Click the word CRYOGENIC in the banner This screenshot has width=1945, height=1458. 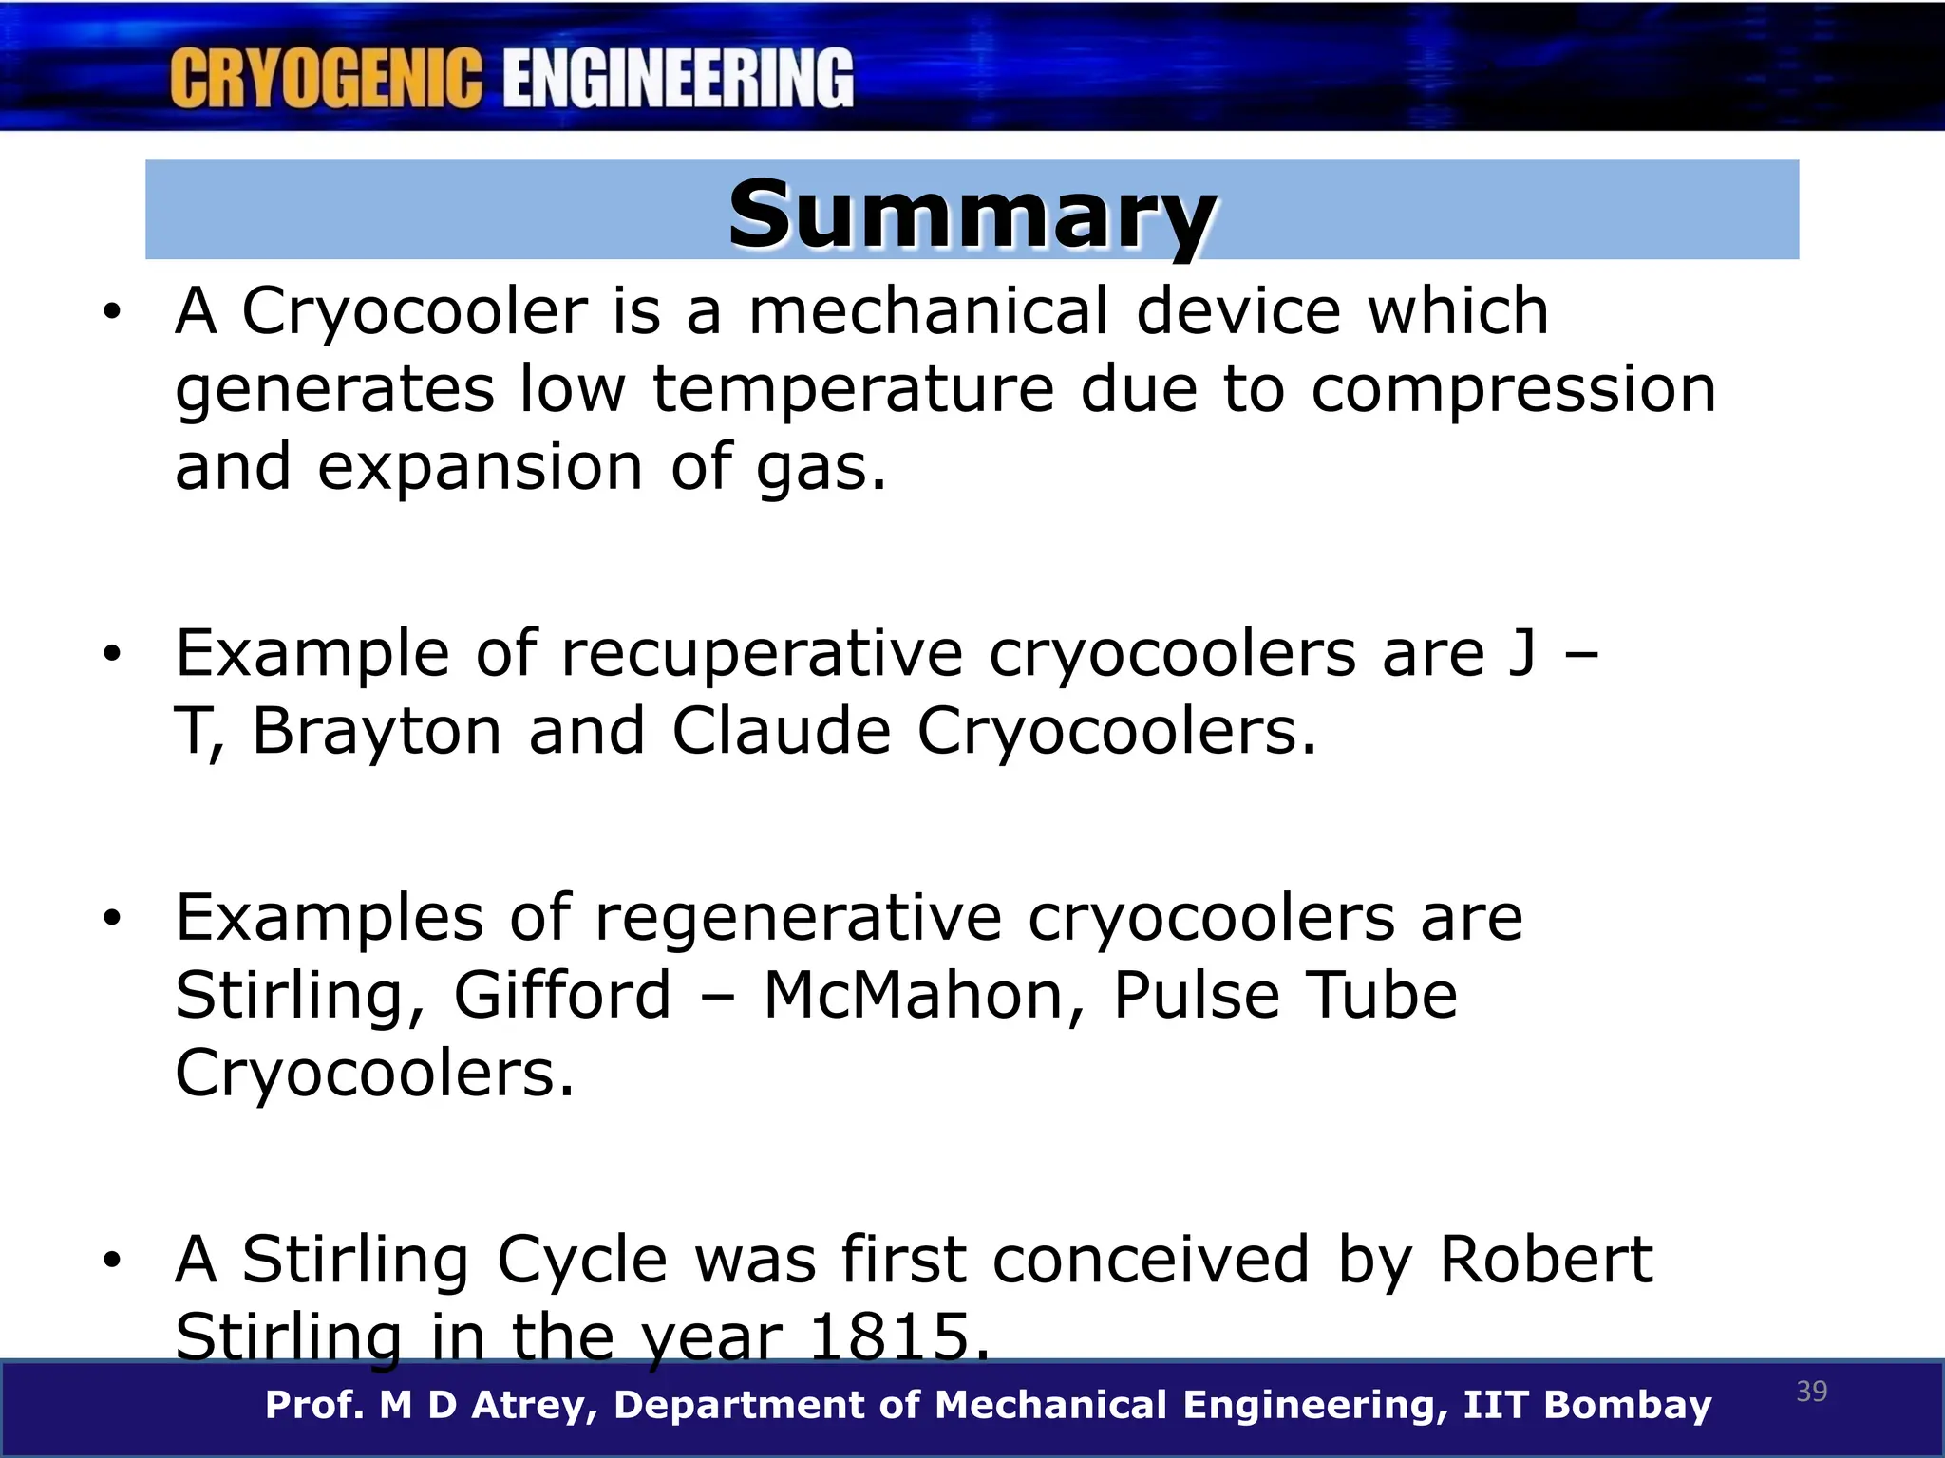[326, 79]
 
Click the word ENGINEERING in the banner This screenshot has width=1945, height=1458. [678, 79]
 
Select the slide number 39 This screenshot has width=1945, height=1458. [1812, 1392]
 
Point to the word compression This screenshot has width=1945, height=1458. [1514, 389]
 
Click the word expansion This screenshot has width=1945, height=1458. [481, 467]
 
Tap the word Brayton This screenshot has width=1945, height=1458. [377, 731]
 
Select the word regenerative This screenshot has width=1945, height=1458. [798, 918]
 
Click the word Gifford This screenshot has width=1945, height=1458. [562, 996]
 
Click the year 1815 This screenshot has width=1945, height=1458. [898, 1336]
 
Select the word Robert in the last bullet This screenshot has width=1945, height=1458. [1546, 1260]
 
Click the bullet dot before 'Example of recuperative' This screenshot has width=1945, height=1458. [113, 654]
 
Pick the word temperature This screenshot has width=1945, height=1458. [853, 389]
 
